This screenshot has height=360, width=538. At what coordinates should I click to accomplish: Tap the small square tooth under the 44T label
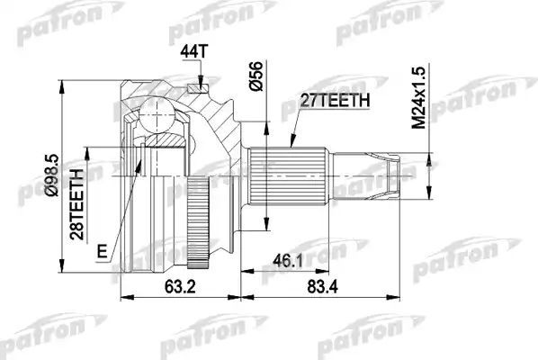click(x=196, y=86)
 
